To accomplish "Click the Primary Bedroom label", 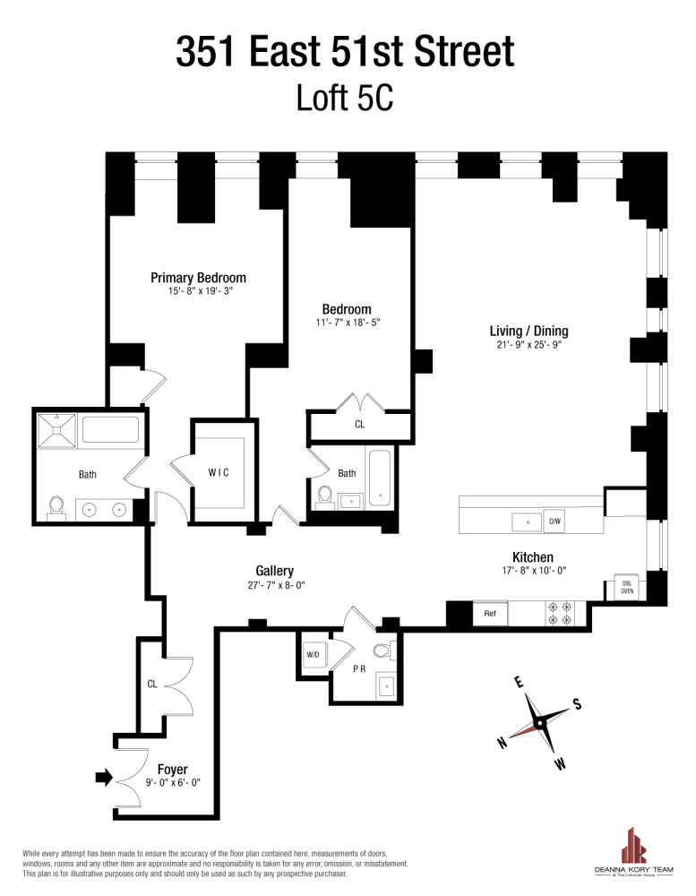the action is pos(198,278).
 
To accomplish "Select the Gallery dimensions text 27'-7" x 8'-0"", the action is pos(274,586).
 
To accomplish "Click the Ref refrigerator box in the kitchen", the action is pos(490,614).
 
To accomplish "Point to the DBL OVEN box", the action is pos(627,587).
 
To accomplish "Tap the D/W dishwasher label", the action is pos(554,521).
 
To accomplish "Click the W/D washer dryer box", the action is pos(314,655).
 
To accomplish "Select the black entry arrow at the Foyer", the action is pos(104,777).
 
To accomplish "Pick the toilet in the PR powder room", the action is pos(382,650).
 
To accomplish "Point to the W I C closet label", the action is pos(219,472).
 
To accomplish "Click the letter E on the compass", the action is pos(518,683).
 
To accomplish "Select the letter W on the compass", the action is pos(559,764).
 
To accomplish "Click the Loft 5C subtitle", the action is pos(345,98).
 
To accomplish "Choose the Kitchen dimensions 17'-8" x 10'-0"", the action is pos(533,571).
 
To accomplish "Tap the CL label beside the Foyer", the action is pos(152,684).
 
